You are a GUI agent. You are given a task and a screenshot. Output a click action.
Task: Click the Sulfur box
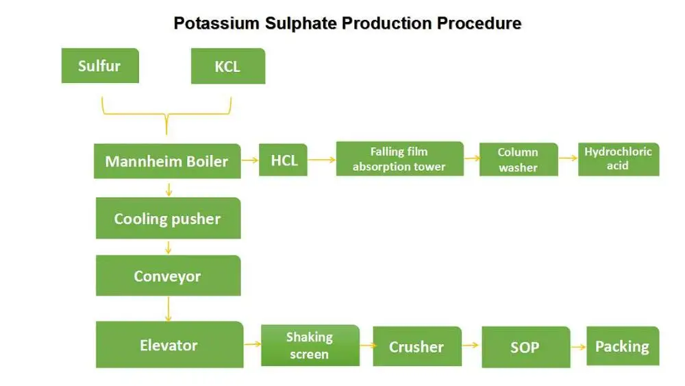coord(100,66)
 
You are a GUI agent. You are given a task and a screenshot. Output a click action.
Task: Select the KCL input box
coord(227,67)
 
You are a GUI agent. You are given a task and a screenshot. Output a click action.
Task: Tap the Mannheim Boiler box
coord(167,161)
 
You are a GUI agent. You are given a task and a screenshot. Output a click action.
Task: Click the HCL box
coord(284,160)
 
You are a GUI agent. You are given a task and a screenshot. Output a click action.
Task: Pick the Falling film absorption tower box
coord(399,159)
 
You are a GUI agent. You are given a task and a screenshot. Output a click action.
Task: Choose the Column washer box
coord(518,160)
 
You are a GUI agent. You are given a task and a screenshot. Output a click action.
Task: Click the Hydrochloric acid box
coord(618,159)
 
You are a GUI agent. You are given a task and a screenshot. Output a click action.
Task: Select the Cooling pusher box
coord(168,219)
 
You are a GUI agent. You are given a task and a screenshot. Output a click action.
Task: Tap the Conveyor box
coord(168,276)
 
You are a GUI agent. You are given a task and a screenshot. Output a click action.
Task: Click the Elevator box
coord(169,345)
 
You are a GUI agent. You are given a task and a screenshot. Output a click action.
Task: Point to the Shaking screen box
coord(310,346)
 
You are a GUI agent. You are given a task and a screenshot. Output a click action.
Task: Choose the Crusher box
coord(416,347)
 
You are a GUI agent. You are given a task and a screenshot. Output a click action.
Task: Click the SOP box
coord(525,347)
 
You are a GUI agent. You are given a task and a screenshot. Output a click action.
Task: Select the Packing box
coord(622,346)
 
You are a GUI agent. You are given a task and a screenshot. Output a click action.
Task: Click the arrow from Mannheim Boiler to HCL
coord(249,161)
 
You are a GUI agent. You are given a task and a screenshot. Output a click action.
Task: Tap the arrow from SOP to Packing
coord(578,347)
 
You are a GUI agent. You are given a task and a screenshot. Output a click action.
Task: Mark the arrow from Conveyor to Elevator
coord(168,309)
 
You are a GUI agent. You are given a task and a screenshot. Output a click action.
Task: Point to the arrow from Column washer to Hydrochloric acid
coord(568,159)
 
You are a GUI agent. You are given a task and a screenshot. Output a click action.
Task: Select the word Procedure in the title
coord(479,23)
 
